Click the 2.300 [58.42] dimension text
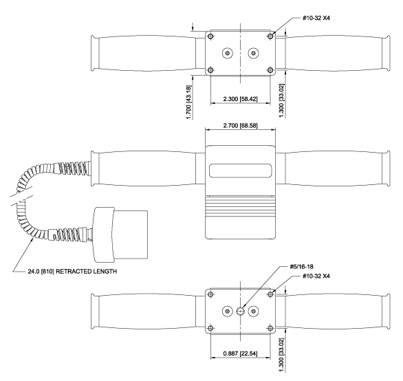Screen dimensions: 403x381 (x=240, y=99)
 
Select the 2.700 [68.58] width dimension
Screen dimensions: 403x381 (x=240, y=125)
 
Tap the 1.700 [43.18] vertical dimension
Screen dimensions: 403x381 (x=189, y=102)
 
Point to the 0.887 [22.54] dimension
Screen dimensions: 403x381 (x=240, y=353)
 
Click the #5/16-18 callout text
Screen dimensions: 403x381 (x=301, y=267)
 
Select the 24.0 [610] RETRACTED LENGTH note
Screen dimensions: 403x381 (x=72, y=271)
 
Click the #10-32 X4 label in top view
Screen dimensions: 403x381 (x=316, y=18)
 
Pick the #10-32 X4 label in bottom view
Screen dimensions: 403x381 (x=316, y=276)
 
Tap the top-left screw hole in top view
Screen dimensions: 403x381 (x=210, y=36)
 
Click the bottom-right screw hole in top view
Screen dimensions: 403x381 (x=270, y=70)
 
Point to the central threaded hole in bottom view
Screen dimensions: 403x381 (x=240, y=312)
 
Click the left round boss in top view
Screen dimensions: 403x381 (x=228, y=53)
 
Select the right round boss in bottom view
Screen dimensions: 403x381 (x=253, y=312)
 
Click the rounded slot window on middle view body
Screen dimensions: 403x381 (x=240, y=171)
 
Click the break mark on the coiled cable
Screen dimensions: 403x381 (x=22, y=197)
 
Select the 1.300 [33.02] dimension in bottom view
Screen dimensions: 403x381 (x=282, y=355)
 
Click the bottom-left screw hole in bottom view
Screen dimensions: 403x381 (x=210, y=328)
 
